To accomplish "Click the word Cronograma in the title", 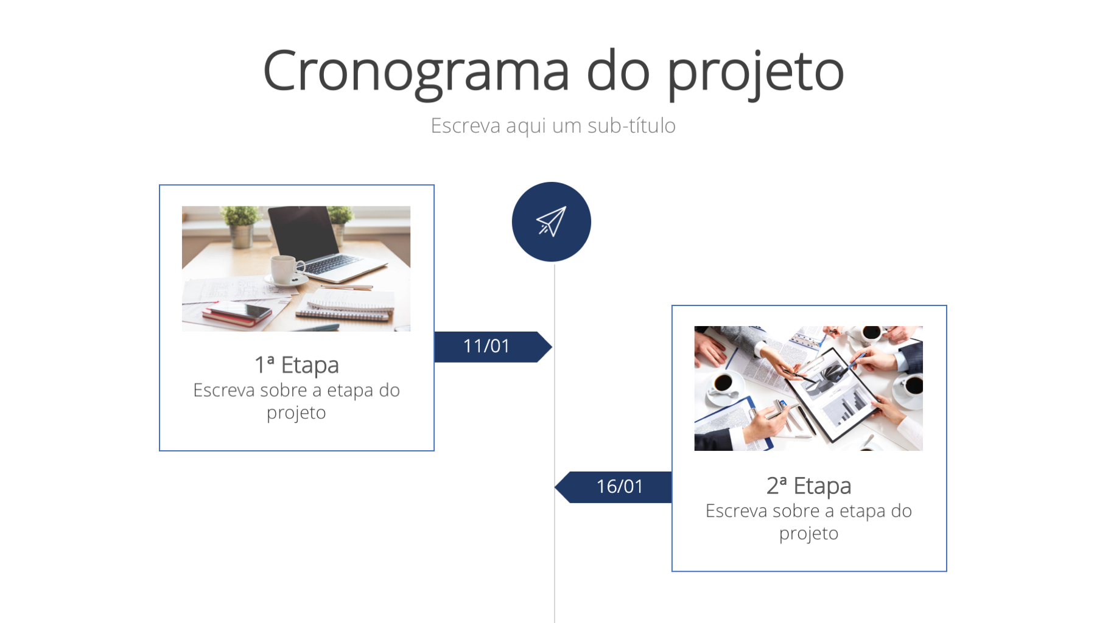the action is (x=416, y=72).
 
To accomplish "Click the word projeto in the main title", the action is (x=756, y=72).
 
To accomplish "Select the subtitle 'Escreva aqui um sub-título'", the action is (x=553, y=125).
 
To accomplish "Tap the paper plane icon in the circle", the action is (x=552, y=221).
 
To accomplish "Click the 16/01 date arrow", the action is (x=613, y=487).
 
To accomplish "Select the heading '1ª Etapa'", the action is (x=296, y=365).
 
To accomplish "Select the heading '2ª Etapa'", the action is (x=808, y=486).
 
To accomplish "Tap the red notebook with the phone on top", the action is (x=237, y=313).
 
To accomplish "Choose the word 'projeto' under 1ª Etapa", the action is (x=296, y=413).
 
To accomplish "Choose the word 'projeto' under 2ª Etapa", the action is (x=808, y=534).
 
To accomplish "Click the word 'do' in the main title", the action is (x=618, y=71).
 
